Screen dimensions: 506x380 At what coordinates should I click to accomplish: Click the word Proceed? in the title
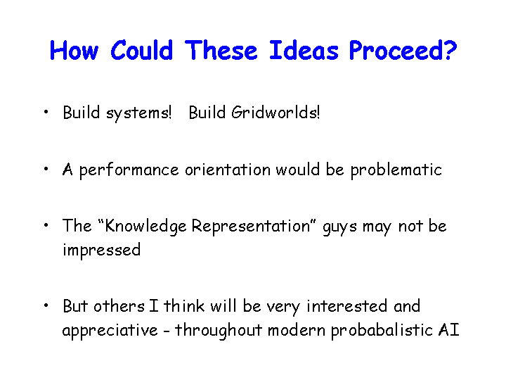tap(403, 51)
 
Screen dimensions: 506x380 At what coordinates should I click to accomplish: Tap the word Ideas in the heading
tap(304, 51)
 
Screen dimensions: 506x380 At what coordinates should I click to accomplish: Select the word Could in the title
tap(142, 51)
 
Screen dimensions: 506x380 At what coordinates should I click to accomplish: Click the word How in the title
tap(74, 51)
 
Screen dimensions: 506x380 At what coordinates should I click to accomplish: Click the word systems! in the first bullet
tap(138, 113)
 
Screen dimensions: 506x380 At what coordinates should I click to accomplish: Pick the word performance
tap(129, 170)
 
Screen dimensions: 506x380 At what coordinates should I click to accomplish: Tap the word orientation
tap(228, 170)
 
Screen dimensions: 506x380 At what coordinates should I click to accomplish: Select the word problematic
tap(396, 170)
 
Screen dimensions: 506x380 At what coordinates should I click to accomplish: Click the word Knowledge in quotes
tap(146, 227)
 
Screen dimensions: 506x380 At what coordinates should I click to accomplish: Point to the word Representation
tap(251, 227)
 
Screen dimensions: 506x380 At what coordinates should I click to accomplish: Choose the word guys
tap(340, 227)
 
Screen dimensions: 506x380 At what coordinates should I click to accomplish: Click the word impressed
tap(102, 251)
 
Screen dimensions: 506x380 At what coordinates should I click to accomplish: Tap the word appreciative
tap(110, 331)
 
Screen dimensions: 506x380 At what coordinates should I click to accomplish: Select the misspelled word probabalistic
tap(382, 331)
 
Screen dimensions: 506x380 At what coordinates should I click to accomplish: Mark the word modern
tap(297, 330)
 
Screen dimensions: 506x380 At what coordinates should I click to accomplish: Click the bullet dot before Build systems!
tap(46, 112)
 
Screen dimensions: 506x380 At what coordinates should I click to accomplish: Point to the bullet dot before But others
tap(46, 305)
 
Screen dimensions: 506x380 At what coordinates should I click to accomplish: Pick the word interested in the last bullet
tap(347, 306)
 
